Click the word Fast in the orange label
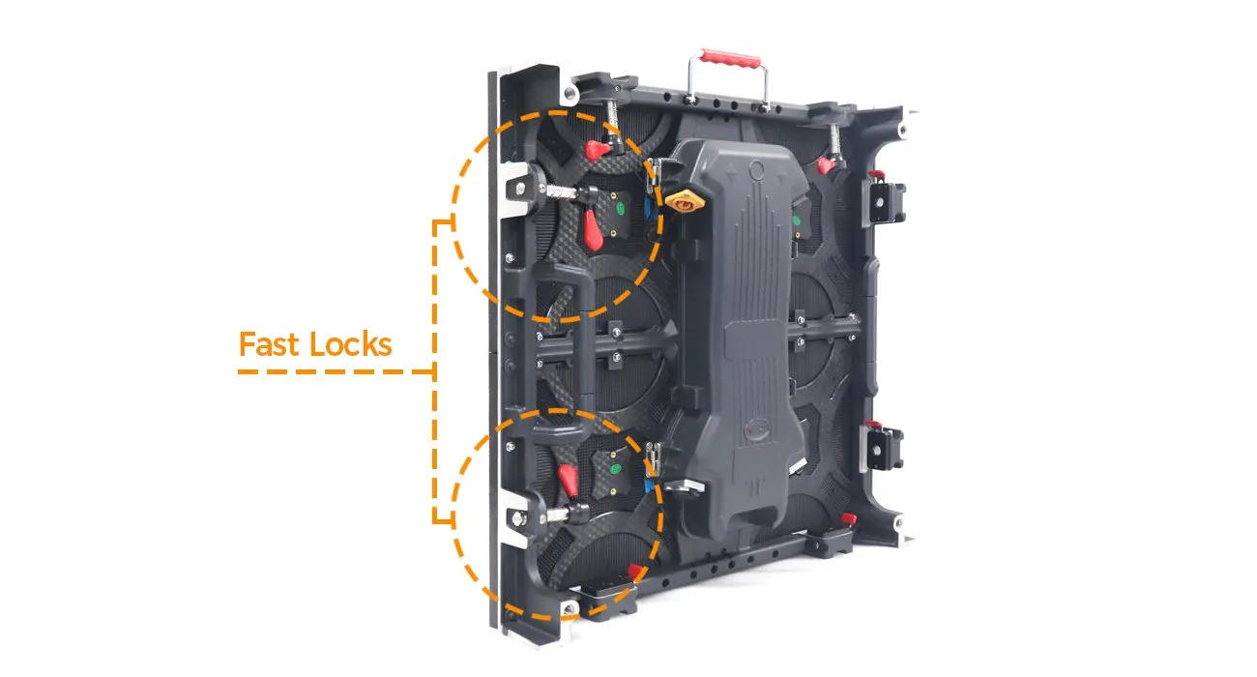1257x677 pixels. (x=271, y=344)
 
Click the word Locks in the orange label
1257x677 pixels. (x=351, y=344)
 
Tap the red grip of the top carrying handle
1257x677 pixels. (x=730, y=58)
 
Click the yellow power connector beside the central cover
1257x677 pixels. (x=684, y=200)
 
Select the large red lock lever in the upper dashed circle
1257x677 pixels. (x=593, y=230)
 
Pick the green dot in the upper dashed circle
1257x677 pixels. (x=620, y=208)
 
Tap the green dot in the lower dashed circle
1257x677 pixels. (x=616, y=469)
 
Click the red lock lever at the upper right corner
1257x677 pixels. (x=825, y=165)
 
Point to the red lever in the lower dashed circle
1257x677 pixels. (x=568, y=481)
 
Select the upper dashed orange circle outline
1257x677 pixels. (x=557, y=217)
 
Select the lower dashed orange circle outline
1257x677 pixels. (x=557, y=515)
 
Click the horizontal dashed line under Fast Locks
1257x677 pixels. (x=336, y=371)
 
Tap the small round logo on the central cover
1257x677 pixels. (x=755, y=430)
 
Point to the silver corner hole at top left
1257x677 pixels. (x=570, y=93)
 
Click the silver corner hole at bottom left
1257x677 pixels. (x=568, y=608)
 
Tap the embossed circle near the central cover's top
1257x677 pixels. (x=757, y=169)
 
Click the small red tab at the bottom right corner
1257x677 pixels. (x=849, y=518)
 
